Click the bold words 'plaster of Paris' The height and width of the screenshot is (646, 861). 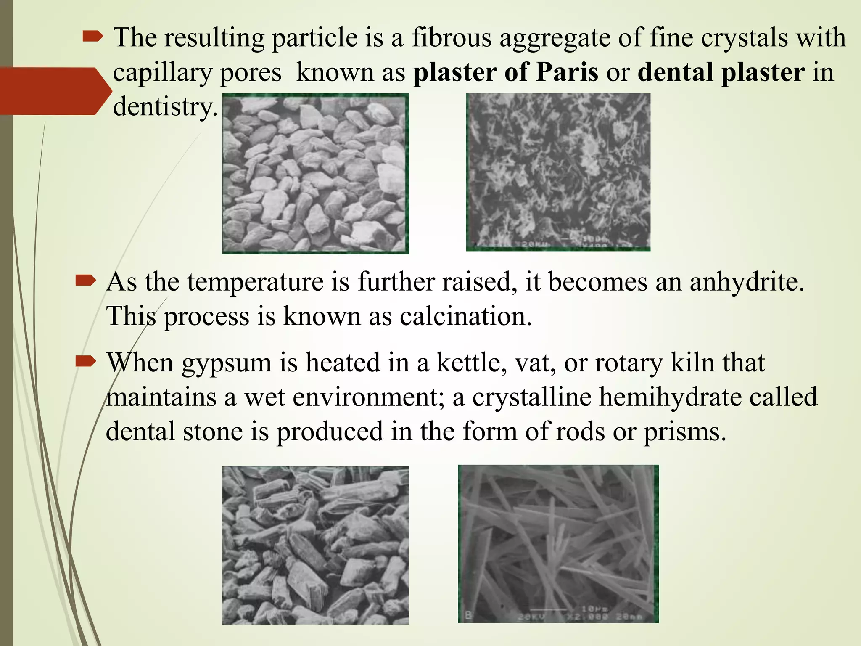coord(506,72)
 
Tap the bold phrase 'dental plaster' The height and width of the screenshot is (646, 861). coord(721,72)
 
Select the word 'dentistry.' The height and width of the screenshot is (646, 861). coord(165,107)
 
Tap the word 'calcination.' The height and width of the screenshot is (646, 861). coord(466,316)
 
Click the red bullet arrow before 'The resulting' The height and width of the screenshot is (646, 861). coord(93,38)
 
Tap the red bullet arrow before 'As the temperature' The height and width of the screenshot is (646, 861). coord(86,281)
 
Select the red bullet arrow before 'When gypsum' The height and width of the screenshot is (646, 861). coord(86,362)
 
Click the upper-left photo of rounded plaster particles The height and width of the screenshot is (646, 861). coord(315,174)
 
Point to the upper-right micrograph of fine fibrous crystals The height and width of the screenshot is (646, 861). coord(558,172)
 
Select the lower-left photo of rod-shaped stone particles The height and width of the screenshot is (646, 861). coord(315,545)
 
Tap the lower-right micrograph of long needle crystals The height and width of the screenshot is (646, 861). coord(558,543)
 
